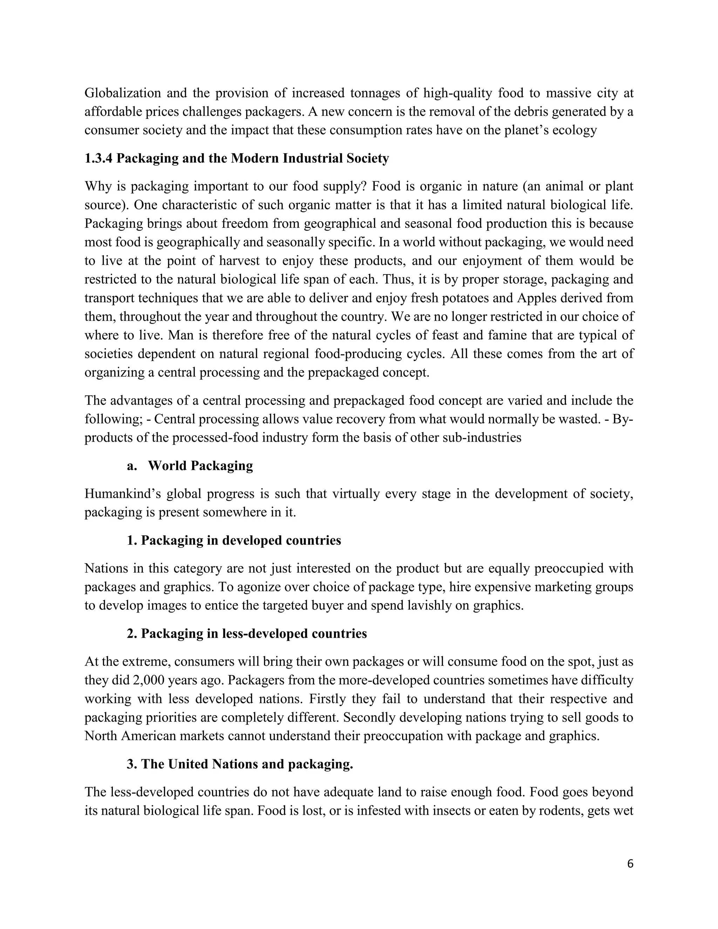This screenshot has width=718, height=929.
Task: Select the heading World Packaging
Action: coord(200,465)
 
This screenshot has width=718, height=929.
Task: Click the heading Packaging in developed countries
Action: coord(241,540)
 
